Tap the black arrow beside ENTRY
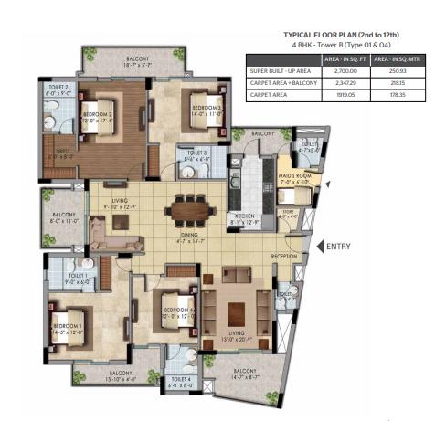click(320, 245)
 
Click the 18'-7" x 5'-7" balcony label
click(141, 62)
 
